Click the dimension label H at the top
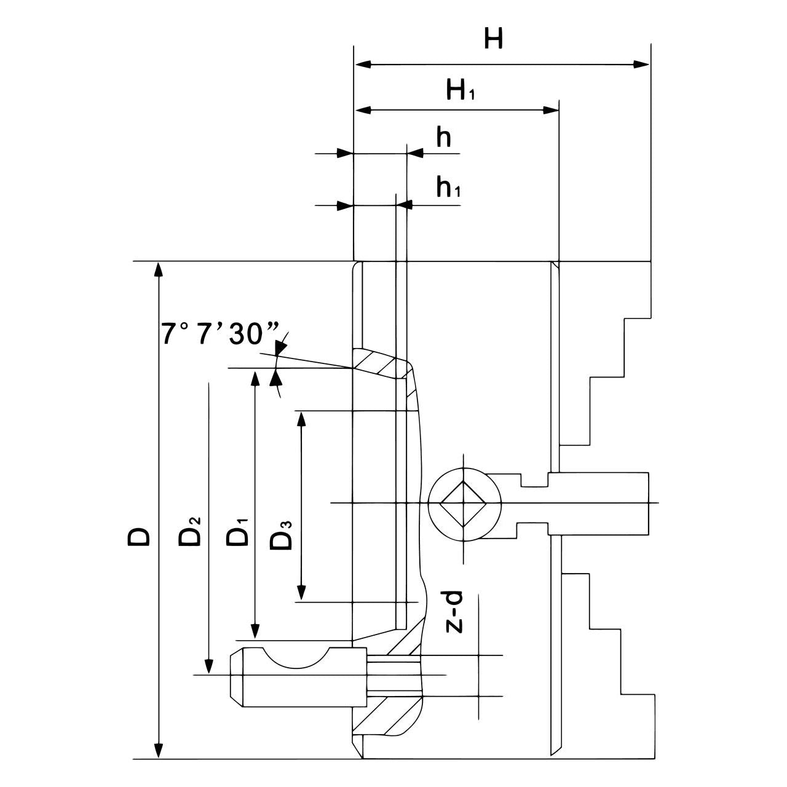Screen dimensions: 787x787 pos(493,39)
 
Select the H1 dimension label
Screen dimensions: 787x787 pos(461,91)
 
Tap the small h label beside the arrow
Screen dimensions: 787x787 pos(444,138)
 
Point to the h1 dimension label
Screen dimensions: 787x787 pos(448,187)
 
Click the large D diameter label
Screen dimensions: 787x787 pos(139,536)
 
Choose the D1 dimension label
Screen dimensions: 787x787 pos(238,532)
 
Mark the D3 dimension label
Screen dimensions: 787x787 pos(282,535)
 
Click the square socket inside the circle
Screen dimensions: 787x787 pos(462,502)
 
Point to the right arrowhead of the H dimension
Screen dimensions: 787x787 pos(643,64)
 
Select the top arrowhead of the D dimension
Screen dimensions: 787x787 pos(159,269)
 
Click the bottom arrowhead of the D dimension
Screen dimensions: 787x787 pos(159,751)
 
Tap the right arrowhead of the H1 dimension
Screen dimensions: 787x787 pos(551,110)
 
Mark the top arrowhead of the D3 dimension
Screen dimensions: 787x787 pos(301,418)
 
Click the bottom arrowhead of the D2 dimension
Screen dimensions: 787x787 pos(209,667)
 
